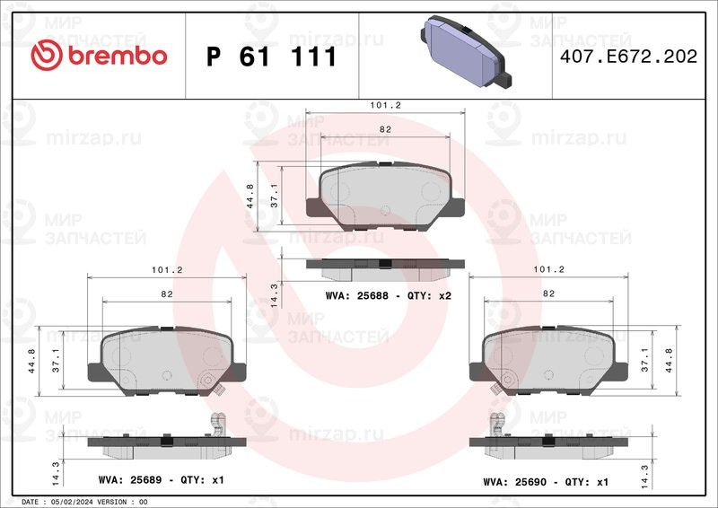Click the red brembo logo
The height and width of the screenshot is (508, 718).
pos(99,56)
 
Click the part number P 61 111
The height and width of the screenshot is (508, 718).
pos(272,57)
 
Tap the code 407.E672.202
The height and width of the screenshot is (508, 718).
pos(628,57)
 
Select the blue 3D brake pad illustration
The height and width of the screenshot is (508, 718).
pos(465,51)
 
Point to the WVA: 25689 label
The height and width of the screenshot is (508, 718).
pos(130,480)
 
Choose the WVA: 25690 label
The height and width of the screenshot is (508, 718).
pos(514,482)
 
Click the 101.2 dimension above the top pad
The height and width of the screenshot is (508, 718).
pos(385,105)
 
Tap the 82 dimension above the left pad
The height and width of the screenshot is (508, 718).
pos(167,294)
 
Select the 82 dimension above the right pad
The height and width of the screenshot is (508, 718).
pos(548,293)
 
